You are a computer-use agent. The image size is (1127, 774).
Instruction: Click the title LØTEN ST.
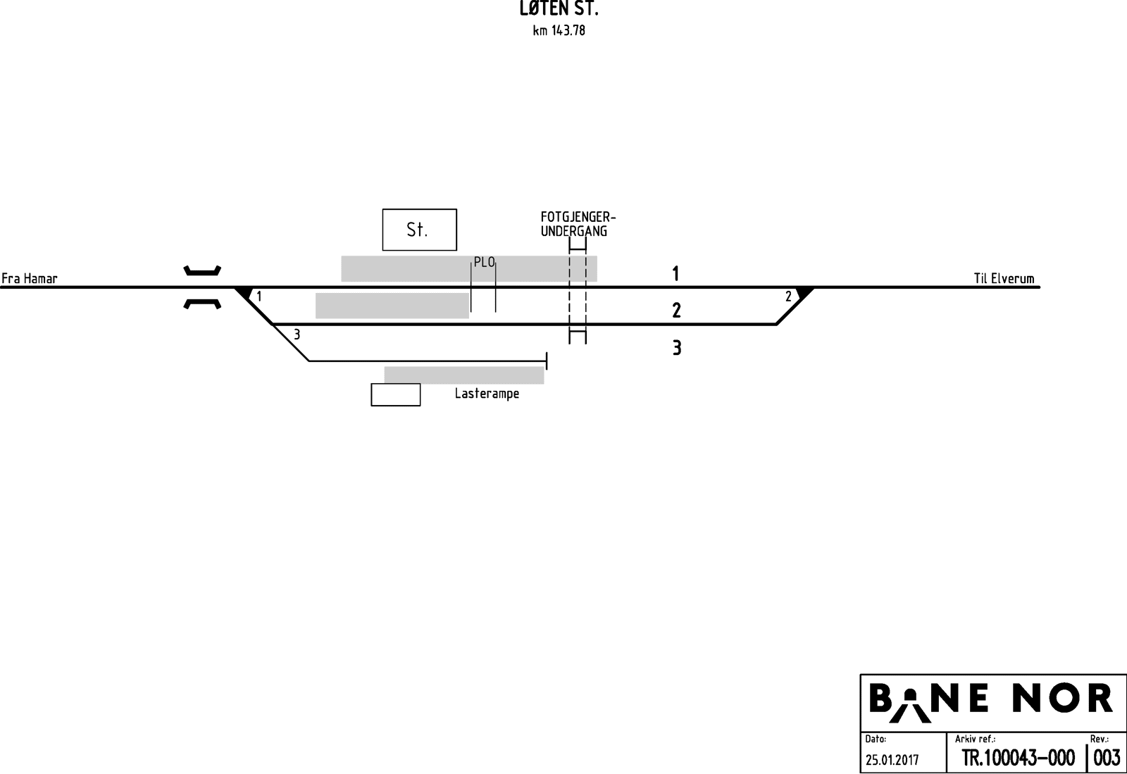pos(559,10)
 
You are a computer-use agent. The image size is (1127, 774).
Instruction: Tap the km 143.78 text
pos(559,31)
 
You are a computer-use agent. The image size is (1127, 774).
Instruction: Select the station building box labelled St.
pos(419,230)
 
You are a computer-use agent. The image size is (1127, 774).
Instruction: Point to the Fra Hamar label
pos(30,278)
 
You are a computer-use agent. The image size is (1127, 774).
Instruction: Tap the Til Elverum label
pos(1004,278)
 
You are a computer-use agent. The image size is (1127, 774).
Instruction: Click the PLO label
pos(485,263)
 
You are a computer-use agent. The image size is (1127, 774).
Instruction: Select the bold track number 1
pos(675,273)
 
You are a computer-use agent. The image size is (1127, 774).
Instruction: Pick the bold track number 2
pos(676,310)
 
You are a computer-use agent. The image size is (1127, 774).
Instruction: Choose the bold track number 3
pos(676,348)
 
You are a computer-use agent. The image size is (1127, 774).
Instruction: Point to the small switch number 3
pos(297,335)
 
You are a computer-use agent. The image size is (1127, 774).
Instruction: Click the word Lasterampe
pos(487,394)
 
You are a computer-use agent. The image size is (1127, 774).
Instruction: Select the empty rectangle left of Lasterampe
pos(396,394)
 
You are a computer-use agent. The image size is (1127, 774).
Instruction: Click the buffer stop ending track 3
pos(547,361)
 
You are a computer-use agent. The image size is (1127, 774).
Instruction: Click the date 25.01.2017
pos(892,760)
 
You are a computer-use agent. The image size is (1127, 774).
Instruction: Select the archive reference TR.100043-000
pos(1018,758)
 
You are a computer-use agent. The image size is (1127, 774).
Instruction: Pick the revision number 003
pos(1107,758)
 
